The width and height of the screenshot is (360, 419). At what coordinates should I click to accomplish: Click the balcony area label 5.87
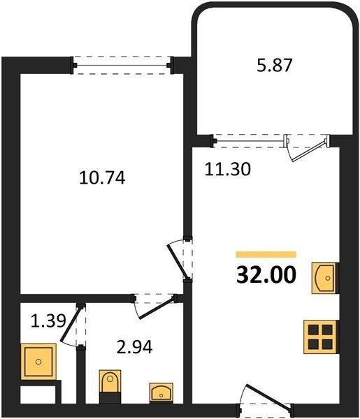point(275,66)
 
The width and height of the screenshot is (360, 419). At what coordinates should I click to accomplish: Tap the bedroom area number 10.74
point(102,178)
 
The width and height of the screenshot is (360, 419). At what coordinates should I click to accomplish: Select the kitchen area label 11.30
point(228,169)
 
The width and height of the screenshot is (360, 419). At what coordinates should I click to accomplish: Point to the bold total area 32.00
point(266,275)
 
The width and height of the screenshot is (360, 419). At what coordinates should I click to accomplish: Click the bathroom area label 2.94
point(135,347)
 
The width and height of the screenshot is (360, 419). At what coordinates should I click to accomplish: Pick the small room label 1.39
point(48,321)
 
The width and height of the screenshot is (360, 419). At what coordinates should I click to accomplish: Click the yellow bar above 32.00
point(266,254)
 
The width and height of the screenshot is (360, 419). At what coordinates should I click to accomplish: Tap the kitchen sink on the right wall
point(325,278)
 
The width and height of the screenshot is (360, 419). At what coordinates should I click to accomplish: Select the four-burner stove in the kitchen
point(321,337)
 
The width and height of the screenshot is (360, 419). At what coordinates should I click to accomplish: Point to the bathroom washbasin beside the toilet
point(161,392)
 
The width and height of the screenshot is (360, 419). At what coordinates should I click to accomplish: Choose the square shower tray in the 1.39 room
point(38,362)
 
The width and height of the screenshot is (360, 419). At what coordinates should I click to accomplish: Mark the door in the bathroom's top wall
point(154,306)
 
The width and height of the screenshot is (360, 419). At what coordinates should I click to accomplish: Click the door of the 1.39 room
point(73,325)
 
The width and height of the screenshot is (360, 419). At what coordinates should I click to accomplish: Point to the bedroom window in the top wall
point(122,65)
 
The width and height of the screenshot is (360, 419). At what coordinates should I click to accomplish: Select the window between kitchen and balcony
point(250,141)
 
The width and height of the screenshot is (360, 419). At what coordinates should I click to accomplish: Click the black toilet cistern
point(110,397)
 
